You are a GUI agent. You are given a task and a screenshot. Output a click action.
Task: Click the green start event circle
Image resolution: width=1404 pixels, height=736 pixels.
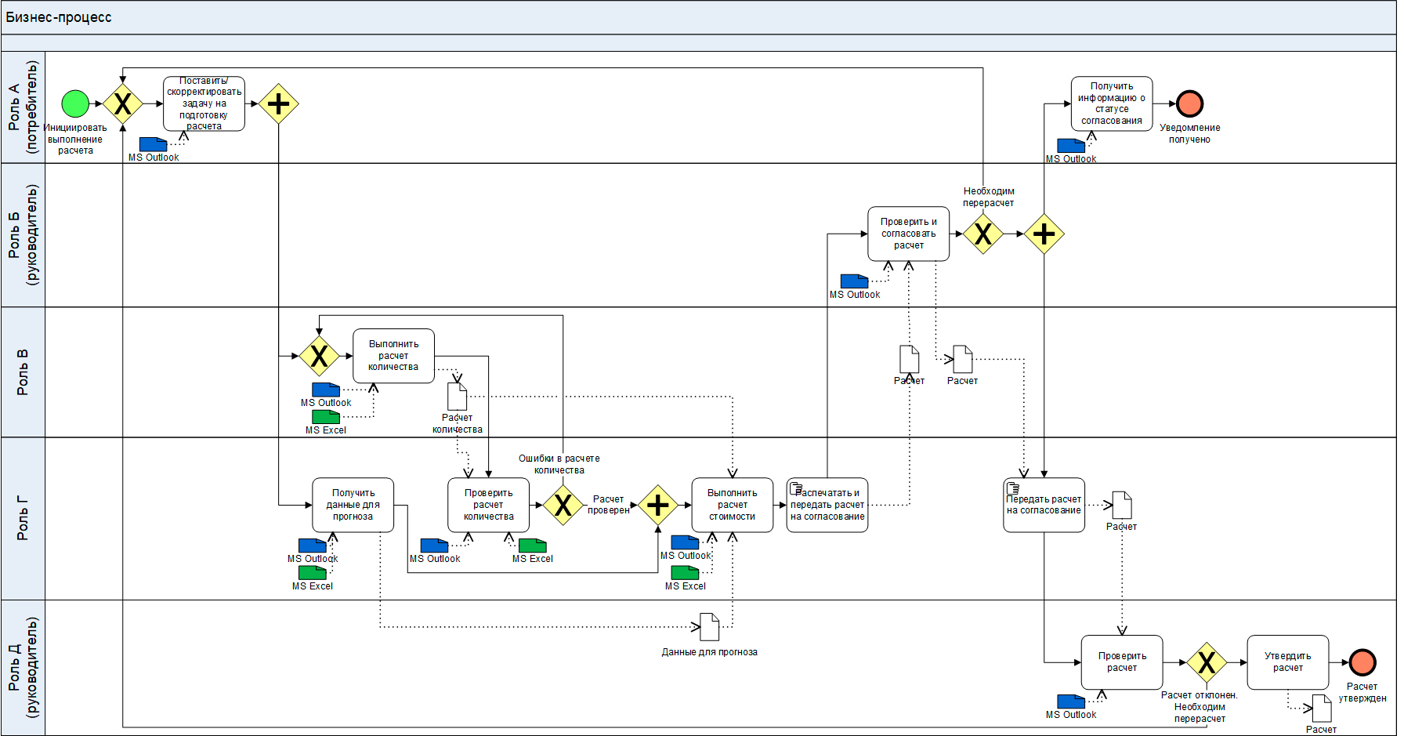coord(75,103)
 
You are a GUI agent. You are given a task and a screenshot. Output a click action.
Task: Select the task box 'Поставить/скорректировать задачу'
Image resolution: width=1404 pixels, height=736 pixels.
coord(204,103)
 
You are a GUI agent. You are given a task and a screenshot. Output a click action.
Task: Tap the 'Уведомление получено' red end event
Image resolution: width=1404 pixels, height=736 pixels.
coord(1189,103)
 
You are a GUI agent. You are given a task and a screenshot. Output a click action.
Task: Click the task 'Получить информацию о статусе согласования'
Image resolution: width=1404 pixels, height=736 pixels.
coord(1111,103)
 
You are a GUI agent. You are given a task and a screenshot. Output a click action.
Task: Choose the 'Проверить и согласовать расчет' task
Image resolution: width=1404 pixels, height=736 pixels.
coord(908,234)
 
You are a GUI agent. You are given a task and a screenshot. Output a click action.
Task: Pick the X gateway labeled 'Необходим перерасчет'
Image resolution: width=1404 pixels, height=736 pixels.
coord(982,234)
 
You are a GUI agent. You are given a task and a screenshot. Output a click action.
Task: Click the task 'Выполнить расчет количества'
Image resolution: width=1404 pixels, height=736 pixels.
coord(393,356)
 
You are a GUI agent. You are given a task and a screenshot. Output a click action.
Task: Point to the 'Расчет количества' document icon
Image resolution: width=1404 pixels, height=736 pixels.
coord(457,397)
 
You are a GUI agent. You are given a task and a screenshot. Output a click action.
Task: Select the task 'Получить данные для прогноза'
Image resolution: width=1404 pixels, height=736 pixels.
coord(353,505)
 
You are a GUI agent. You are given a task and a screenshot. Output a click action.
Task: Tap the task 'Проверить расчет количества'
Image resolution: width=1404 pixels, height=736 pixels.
coord(488,505)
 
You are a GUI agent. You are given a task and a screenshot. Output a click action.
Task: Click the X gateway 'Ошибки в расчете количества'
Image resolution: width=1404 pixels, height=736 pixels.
coord(563,506)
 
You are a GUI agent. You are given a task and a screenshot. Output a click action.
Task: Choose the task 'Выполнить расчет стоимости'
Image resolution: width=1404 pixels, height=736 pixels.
coord(732,505)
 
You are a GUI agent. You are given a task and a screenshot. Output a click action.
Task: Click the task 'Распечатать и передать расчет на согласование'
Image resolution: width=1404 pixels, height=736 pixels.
coord(827,505)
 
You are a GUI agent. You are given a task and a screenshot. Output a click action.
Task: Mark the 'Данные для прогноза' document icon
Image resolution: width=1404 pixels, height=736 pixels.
coord(709,627)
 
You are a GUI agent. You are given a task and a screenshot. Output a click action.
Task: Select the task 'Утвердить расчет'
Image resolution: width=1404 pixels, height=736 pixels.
coord(1287,662)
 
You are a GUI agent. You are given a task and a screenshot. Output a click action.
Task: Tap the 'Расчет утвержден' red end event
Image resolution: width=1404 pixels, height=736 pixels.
coord(1362,662)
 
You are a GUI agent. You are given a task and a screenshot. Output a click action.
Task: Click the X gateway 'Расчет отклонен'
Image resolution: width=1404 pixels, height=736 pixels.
coord(1206,663)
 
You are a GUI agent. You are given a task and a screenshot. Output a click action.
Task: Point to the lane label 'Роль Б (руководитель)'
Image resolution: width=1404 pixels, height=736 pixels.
coord(23,234)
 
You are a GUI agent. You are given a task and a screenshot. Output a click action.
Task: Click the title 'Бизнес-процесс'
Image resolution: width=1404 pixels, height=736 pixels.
coord(59,17)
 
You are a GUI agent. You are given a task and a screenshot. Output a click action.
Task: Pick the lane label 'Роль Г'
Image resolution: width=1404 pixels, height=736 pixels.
coord(23,518)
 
